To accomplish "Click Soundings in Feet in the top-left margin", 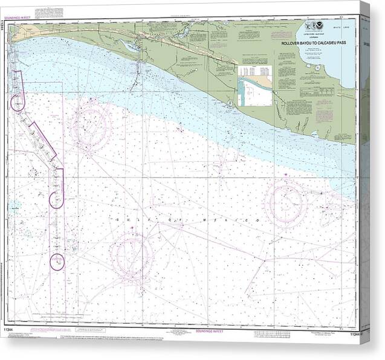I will click(x=21, y=17).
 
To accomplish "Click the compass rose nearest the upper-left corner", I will click(x=91, y=126).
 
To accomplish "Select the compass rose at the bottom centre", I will click(x=132, y=257).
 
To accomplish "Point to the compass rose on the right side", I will click(x=286, y=202).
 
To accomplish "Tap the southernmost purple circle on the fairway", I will click(x=57, y=262).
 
